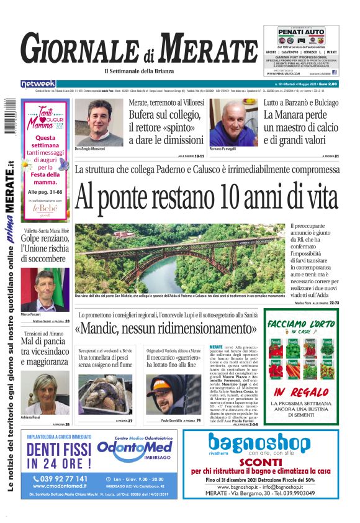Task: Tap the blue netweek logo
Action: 38,83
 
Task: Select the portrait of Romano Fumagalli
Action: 233,122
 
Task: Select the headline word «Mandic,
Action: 110,328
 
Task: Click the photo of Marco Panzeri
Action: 44,289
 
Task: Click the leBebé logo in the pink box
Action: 44,209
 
